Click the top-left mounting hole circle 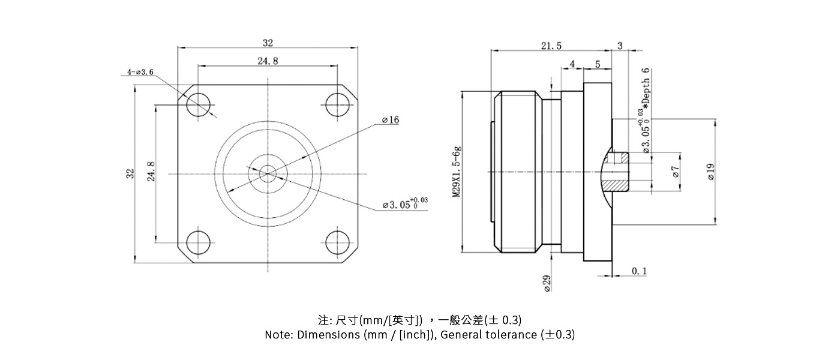click(x=199, y=105)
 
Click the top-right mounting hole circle click(x=338, y=105)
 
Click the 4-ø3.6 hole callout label click(x=140, y=72)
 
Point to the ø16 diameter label click(x=390, y=120)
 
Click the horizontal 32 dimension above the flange click(x=268, y=43)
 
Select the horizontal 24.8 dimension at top click(x=268, y=61)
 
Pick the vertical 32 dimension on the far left click(x=129, y=174)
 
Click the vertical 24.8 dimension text click(x=151, y=172)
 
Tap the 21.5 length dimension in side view click(x=551, y=46)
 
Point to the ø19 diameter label click(x=710, y=172)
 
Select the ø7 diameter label click(x=675, y=173)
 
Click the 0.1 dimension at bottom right click(x=640, y=271)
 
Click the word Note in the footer click(x=278, y=335)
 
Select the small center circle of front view click(x=268, y=173)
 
